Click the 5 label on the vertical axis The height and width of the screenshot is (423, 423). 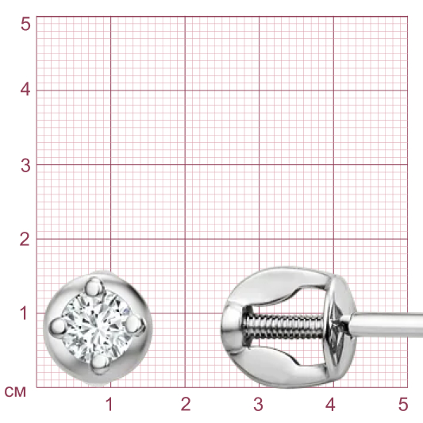[x=25, y=24]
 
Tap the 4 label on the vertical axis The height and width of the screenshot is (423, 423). [x=25, y=90]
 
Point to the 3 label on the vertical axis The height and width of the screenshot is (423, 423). [x=25, y=165]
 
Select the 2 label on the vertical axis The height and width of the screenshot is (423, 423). [x=25, y=239]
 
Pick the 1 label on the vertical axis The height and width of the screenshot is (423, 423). [x=24, y=313]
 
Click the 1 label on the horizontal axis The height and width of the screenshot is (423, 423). [x=109, y=404]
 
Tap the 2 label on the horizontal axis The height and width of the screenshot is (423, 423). [x=186, y=404]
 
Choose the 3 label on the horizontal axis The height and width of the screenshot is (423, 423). [x=258, y=404]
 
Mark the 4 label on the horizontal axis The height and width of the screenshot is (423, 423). [x=330, y=404]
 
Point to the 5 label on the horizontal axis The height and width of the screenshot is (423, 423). [x=403, y=404]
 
